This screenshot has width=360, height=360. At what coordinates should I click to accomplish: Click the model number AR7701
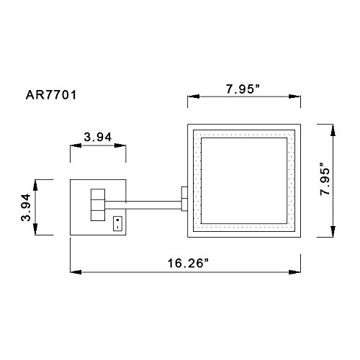tap(51, 95)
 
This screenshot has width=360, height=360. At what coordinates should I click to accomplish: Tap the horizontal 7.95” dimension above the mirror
tap(243, 89)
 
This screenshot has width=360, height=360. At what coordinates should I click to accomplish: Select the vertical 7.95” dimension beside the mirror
tap(325, 179)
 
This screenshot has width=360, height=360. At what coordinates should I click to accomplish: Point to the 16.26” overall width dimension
tap(189, 264)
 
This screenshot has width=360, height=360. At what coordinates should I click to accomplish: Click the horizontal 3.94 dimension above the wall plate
tap(98, 137)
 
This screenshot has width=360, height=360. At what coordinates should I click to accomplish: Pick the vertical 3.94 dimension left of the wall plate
tap(26, 207)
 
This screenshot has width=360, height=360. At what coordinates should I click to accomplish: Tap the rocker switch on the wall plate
tap(117, 224)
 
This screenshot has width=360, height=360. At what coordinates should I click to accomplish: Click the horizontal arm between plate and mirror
tap(143, 205)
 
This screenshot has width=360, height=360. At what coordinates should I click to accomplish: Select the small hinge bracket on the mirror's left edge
tap(184, 199)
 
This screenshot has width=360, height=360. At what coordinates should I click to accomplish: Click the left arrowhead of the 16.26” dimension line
tap(76, 272)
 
